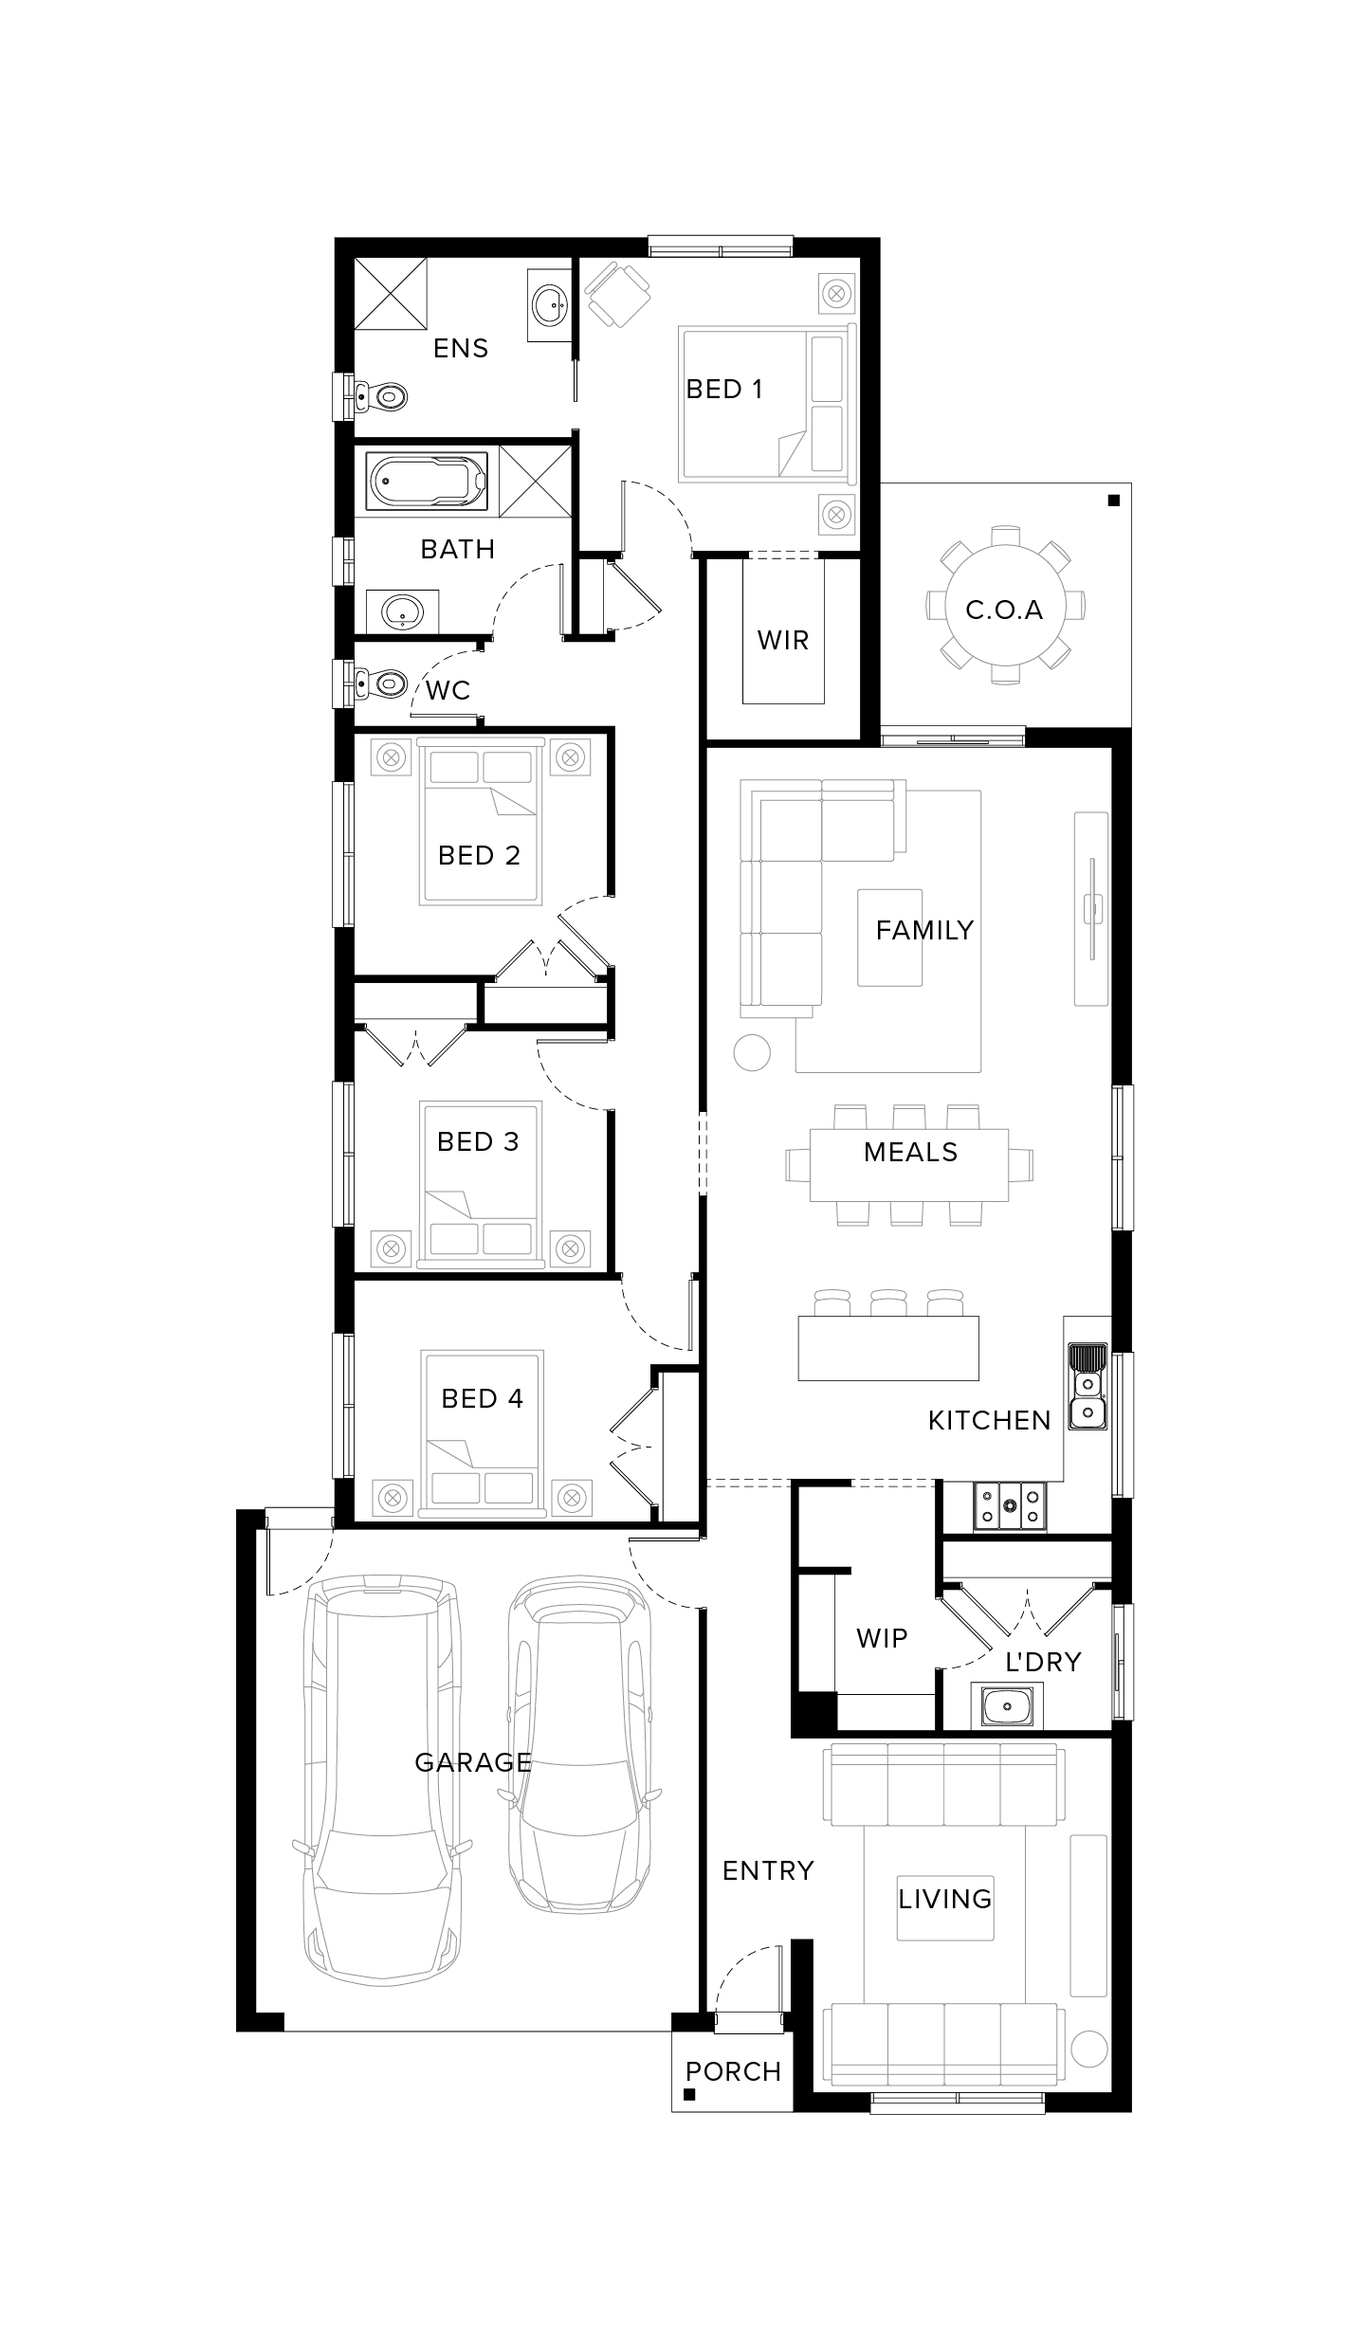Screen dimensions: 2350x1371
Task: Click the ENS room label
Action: click(x=461, y=349)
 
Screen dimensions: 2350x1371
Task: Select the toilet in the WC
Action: click(x=380, y=683)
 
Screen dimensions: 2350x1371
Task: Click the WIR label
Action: click(x=783, y=641)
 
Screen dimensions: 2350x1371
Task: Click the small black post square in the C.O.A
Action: click(x=1114, y=500)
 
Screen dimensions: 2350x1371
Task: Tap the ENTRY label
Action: click(x=768, y=1870)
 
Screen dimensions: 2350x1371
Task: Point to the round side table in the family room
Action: click(x=752, y=1052)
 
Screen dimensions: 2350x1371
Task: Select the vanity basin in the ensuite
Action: click(x=549, y=304)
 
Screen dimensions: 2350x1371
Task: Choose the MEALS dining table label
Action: click(x=910, y=1153)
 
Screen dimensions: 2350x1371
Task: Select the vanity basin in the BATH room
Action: click(x=403, y=611)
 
